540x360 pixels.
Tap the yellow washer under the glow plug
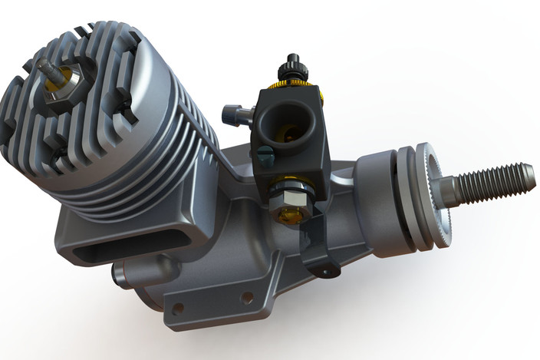tap(67, 74)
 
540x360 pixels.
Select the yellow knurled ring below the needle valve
tap(293, 83)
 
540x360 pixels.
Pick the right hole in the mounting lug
tap(247, 297)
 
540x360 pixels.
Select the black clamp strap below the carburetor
tap(318, 246)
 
